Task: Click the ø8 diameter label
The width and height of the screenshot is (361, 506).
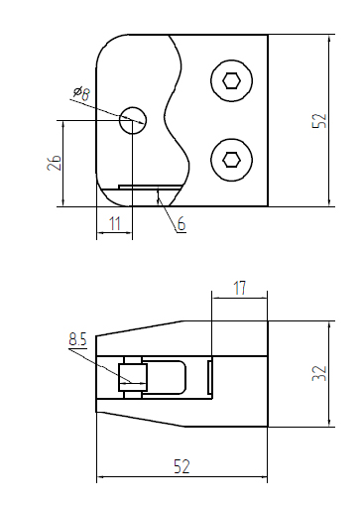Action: [81, 93]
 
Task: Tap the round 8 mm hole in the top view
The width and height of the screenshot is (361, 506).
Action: [132, 120]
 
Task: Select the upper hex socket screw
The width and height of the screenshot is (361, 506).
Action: [231, 81]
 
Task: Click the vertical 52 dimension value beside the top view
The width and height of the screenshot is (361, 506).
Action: [318, 120]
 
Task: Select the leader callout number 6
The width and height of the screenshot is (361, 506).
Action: [181, 225]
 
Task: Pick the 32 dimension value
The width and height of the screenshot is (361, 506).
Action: [318, 373]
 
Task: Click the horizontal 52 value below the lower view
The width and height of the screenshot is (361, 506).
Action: [180, 466]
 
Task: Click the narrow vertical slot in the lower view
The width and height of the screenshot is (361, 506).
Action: [210, 378]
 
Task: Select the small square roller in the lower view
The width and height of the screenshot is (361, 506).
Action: [132, 377]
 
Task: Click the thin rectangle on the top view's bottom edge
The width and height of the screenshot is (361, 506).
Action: [147, 186]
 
